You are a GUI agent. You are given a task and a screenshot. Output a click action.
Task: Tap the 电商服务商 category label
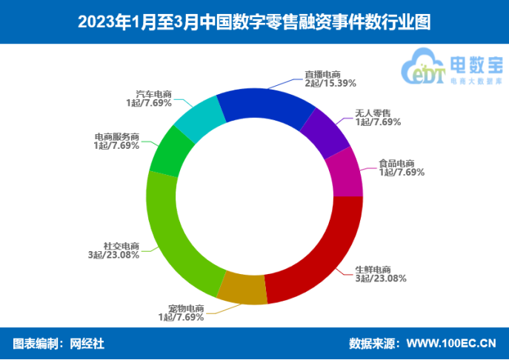pyautogui.click(x=116, y=137)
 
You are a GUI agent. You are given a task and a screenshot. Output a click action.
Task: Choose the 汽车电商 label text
pyautogui.click(x=153, y=95)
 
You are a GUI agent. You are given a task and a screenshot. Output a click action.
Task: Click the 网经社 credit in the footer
pyautogui.click(x=87, y=343)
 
